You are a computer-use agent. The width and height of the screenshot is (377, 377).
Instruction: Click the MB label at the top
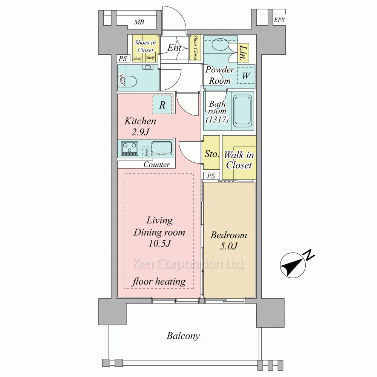coord(139,22)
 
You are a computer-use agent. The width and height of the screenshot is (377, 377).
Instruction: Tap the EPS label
coord(279,20)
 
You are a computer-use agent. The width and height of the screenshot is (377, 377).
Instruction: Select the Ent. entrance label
coord(175,48)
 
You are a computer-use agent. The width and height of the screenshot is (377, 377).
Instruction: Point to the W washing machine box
coord(246,75)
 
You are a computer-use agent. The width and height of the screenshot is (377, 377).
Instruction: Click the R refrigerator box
coord(162,104)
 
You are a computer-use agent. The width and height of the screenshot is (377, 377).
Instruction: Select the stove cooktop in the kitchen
coord(130,149)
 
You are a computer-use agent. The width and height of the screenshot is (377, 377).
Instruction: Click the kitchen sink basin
coord(162,148)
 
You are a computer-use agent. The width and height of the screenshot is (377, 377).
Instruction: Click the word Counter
coord(156,164)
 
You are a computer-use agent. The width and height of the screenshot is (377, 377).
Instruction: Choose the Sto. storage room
coord(211,152)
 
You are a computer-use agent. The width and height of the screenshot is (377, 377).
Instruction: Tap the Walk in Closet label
coord(239,160)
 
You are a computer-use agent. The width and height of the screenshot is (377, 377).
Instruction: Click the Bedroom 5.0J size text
coord(229,246)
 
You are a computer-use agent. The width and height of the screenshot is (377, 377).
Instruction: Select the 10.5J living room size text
coord(159,244)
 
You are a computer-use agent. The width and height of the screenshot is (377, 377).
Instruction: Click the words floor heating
coord(159,281)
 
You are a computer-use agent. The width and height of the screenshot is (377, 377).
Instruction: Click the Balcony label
coord(183,336)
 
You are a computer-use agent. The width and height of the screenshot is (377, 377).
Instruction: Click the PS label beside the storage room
coord(211,176)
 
